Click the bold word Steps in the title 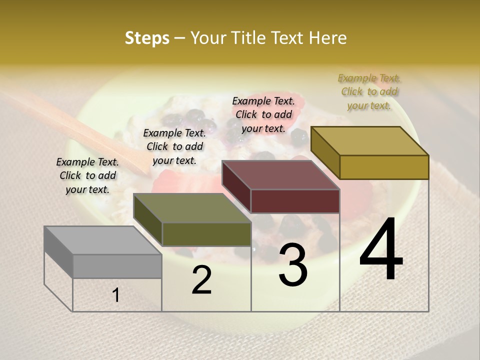click(147, 38)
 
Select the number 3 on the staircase click(293, 265)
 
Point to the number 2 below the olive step click(201, 280)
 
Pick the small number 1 click(116, 295)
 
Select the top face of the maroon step click(280, 175)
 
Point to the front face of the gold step click(384, 167)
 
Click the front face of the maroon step click(295, 201)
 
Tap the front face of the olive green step click(206, 234)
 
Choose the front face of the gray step click(117, 266)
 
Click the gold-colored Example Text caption click(369, 91)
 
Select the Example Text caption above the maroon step click(263, 114)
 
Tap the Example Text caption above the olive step click(174, 146)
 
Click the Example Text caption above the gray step click(87, 175)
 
